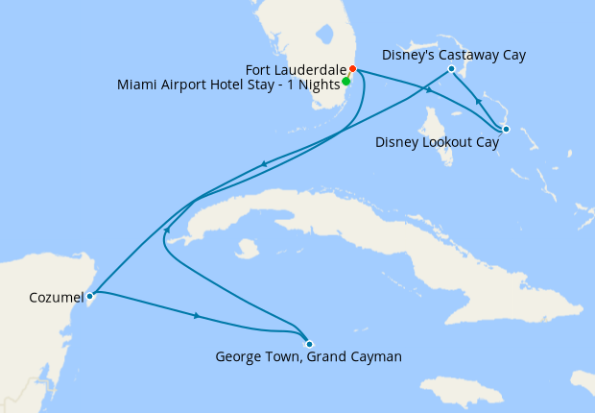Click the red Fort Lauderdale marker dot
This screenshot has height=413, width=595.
[x=352, y=69]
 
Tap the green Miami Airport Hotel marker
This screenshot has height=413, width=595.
[x=346, y=81]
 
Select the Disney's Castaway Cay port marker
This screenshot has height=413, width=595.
[x=451, y=69]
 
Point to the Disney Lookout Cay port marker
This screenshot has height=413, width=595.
[x=505, y=129]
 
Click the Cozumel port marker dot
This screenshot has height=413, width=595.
[x=89, y=296]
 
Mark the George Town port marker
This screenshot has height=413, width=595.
[x=308, y=344]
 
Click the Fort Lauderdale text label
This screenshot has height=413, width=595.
[x=297, y=69]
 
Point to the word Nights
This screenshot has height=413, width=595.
[x=318, y=85]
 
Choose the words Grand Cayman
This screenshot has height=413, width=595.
[x=361, y=357]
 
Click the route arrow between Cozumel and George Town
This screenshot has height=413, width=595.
[x=197, y=315]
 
